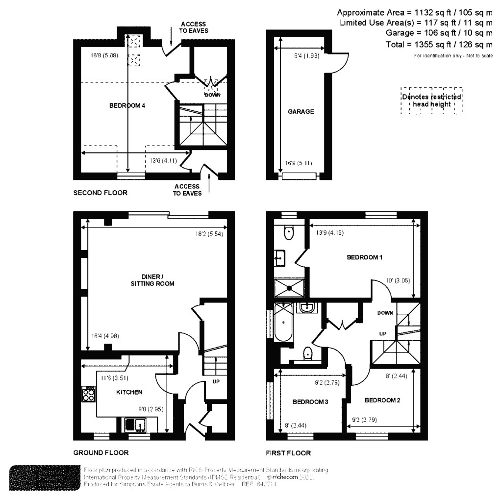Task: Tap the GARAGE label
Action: click(301, 112)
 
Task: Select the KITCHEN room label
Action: click(129, 392)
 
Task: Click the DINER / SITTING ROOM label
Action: click(155, 280)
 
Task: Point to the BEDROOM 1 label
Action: click(364, 257)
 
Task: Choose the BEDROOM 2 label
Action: click(382, 401)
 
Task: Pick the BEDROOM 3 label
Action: click(310, 402)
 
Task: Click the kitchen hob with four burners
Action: click(89, 395)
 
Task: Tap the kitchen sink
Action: click(134, 424)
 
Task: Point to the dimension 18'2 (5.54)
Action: click(208, 234)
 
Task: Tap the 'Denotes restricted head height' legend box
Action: click(431, 100)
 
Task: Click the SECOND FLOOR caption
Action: click(100, 193)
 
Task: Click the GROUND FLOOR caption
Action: click(100, 453)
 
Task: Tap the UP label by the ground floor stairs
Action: click(215, 381)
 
